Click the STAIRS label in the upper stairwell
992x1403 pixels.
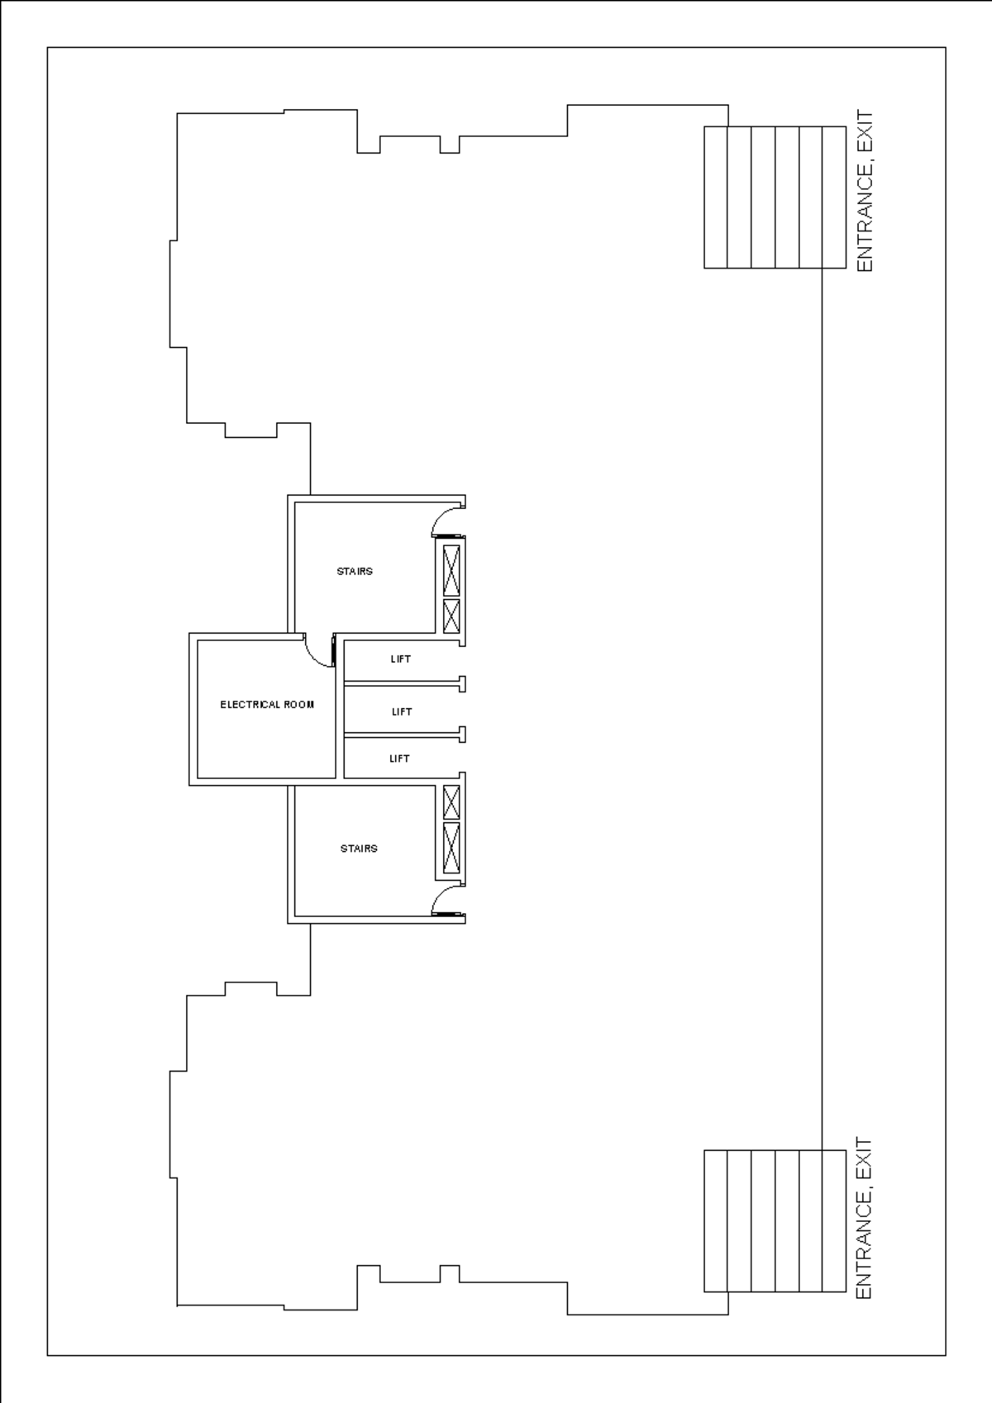[355, 571]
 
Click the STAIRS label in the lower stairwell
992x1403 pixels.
[359, 849]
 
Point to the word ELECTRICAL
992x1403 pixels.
[250, 705]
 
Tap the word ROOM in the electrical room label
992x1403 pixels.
[299, 705]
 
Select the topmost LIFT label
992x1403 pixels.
[401, 659]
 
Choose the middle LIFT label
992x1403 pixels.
[402, 711]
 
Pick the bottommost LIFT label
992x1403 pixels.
[399, 759]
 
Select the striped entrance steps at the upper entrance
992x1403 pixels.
[775, 197]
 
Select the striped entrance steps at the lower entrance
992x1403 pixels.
[775, 1220]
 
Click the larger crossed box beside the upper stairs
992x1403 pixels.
[451, 571]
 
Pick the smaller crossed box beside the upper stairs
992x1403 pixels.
[451, 616]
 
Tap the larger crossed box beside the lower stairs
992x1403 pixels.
[451, 847]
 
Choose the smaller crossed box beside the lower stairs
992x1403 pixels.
[451, 802]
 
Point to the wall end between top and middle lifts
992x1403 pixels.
[462, 684]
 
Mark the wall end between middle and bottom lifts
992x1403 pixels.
[462, 734]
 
